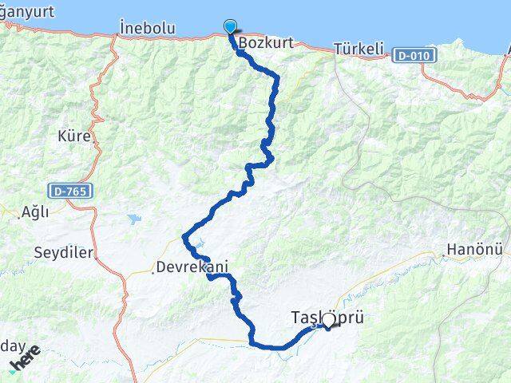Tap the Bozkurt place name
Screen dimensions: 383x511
click(259, 43)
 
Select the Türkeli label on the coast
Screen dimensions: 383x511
click(358, 49)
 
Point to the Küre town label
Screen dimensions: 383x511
click(74, 136)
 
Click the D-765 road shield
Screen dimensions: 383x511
click(71, 191)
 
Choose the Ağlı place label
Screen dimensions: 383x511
click(35, 211)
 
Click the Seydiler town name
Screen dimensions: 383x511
click(64, 253)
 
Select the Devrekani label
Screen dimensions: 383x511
click(192, 267)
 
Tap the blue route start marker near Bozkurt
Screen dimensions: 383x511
click(231, 26)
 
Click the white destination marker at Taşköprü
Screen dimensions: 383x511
click(327, 321)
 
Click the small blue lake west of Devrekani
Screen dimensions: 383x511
click(133, 218)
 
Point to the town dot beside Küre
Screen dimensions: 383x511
click(97, 140)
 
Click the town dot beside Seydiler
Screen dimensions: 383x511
click(97, 255)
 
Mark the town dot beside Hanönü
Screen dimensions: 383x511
click(444, 255)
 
